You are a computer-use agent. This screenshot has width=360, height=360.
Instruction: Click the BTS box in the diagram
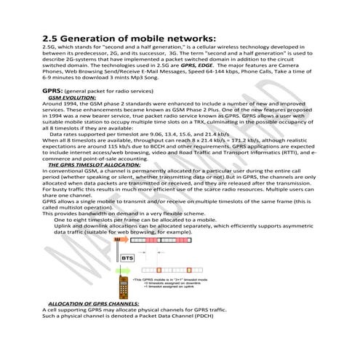pos(127,257)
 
